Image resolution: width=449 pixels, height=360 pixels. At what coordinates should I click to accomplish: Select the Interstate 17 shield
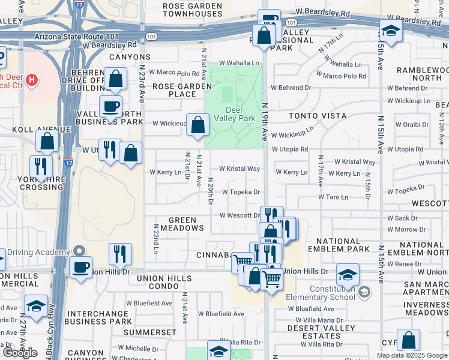pos(68,161)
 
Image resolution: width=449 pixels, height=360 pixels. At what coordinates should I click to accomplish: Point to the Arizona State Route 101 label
pos(86,37)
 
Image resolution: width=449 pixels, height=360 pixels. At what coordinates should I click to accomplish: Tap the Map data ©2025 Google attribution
pos(412,355)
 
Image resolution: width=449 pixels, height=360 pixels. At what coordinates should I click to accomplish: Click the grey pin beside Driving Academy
pos(79,250)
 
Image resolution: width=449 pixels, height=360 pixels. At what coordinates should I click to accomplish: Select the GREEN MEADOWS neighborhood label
pos(178,224)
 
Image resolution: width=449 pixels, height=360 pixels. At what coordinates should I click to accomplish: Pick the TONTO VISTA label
pos(318,115)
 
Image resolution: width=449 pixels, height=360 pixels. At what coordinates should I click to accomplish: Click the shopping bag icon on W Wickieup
pos(197,125)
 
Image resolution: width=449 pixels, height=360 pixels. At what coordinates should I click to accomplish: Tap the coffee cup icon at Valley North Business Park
pos(110,107)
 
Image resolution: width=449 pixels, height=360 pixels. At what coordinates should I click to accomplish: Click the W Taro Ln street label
pos(333,197)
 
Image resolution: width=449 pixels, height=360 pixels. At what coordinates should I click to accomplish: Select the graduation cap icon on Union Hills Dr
pos(348,275)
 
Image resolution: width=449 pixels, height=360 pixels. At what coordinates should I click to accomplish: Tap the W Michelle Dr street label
pos(137,348)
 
